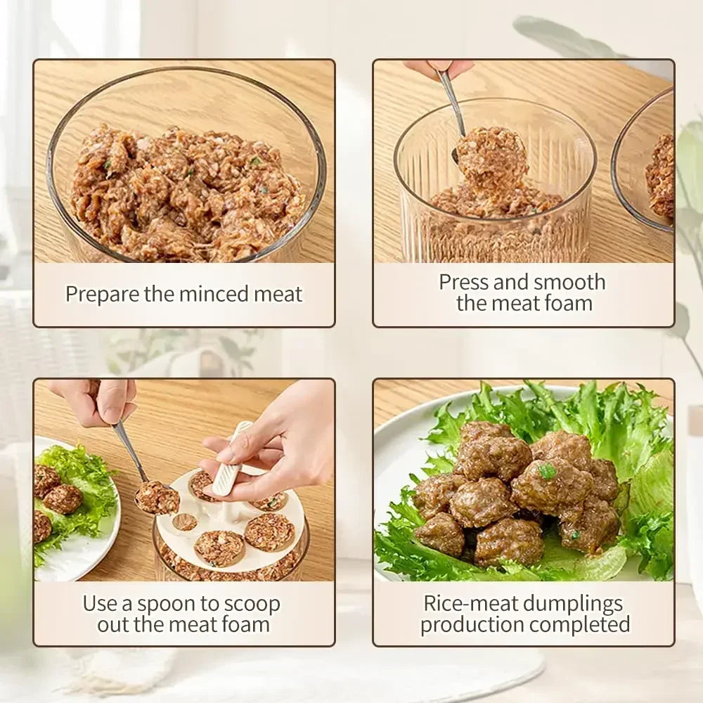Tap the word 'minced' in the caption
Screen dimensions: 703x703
click(x=210, y=294)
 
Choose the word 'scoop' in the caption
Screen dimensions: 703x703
click(x=250, y=604)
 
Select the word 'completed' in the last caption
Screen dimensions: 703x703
click(x=580, y=624)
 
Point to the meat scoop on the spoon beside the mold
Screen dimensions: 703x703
click(x=157, y=497)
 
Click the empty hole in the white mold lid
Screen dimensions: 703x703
click(x=185, y=522)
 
